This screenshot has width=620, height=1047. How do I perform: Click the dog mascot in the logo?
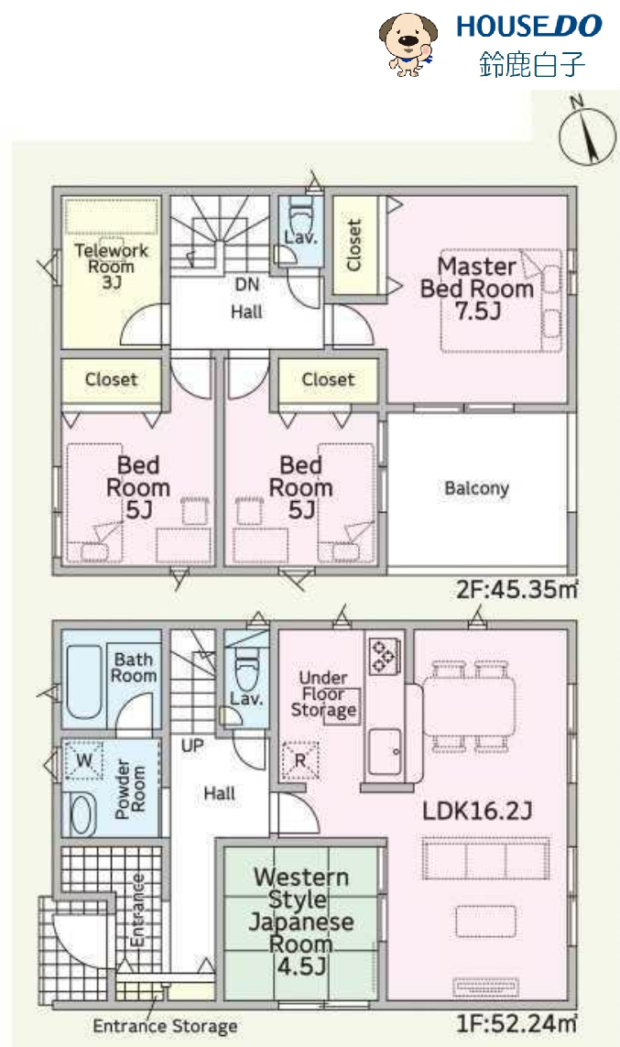(408, 44)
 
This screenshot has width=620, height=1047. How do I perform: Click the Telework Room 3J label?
(112, 266)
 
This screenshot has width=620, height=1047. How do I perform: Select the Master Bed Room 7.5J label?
(476, 289)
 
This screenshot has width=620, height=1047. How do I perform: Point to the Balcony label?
(476, 488)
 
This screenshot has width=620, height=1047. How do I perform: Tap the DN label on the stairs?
(247, 285)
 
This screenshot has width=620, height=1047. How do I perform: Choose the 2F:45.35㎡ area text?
(517, 590)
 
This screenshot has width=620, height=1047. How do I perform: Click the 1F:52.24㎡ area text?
(517, 1022)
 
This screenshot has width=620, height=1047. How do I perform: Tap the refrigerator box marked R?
(300, 760)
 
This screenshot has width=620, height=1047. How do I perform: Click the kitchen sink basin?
(385, 751)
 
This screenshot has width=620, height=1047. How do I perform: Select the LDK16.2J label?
(477, 812)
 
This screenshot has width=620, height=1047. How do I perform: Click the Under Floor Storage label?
(323, 693)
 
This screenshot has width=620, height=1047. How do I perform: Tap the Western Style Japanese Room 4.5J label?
(300, 922)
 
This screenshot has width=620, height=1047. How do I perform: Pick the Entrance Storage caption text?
(165, 1026)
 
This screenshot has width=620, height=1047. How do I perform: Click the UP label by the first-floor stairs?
(192, 746)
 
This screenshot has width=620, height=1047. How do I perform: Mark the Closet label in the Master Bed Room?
(354, 245)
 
